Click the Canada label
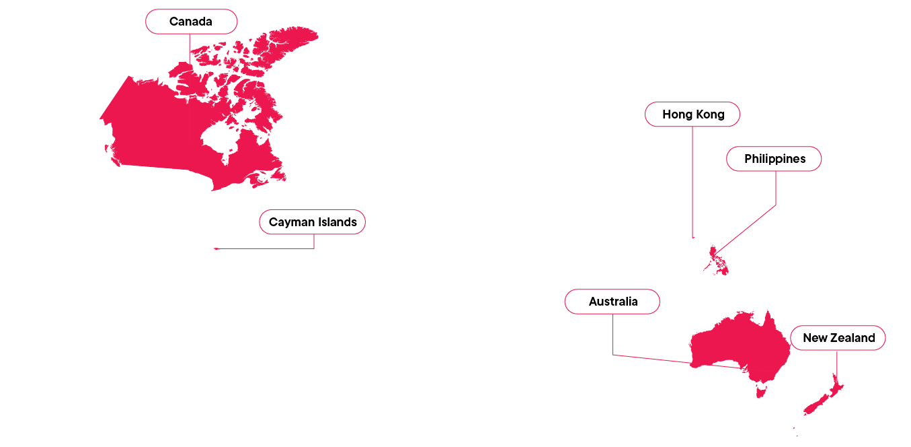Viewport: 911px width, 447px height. (191, 22)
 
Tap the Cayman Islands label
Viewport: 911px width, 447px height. (312, 222)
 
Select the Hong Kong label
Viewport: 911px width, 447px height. (692, 114)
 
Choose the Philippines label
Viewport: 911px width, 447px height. (774, 159)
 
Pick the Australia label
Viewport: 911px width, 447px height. (612, 302)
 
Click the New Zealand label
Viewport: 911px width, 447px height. (838, 338)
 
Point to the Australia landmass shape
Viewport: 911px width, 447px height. (740, 343)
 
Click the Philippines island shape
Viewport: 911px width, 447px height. (718, 259)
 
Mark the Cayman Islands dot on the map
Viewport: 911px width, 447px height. (216, 248)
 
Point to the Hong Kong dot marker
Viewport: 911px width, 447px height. (693, 238)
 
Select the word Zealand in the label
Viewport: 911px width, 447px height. (853, 338)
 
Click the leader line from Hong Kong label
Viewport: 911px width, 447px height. (692, 182)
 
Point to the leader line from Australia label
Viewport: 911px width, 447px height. (612, 337)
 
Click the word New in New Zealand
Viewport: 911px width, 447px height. (815, 338)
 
